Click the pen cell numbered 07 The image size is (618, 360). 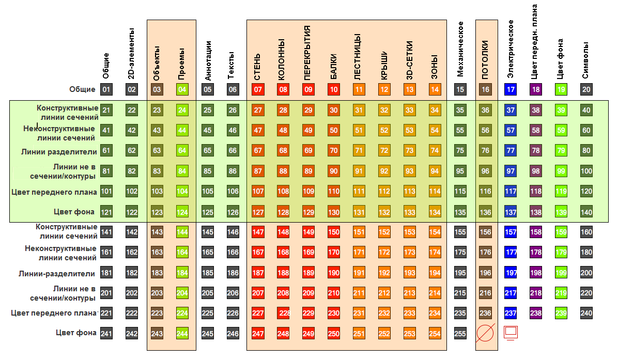(258, 90)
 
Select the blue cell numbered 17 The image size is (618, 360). (511, 90)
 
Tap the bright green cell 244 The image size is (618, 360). (182, 334)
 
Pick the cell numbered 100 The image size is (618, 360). (586, 171)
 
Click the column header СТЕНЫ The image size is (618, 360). (257, 66)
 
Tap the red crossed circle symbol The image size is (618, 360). (486, 333)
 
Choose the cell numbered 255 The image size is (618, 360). (460, 334)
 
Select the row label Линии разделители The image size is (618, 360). (59, 151)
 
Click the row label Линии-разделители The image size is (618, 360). (58, 273)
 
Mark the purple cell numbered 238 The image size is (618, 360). (536, 313)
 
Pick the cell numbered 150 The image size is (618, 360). (334, 232)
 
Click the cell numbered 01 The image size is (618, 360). (106, 90)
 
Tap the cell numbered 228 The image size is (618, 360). (284, 313)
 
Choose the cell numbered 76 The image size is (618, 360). (485, 151)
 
